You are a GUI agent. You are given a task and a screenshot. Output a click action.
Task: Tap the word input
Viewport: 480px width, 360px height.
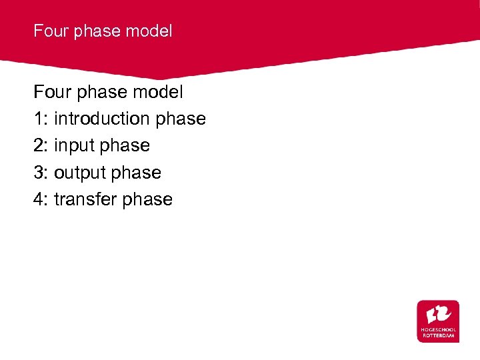coord(75,145)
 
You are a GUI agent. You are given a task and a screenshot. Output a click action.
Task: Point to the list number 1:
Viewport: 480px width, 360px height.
coord(41,119)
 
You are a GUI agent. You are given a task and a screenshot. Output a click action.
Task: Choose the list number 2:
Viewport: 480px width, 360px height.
coord(41,145)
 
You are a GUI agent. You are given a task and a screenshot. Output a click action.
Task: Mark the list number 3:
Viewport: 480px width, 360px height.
coord(41,173)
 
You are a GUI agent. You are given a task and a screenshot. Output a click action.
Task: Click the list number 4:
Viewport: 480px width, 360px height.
coord(41,199)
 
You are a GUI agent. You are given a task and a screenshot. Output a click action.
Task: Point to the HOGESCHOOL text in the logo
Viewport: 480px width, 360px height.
coord(438,330)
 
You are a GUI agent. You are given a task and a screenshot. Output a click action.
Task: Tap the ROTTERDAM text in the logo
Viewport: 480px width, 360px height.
coord(438,336)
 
